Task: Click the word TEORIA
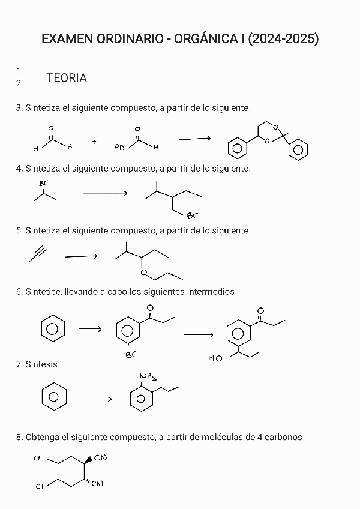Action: coord(67,78)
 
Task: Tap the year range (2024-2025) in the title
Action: coord(283,40)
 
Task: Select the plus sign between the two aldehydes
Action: coord(94,142)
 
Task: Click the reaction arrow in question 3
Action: coord(195,139)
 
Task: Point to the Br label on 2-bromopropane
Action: coord(43,183)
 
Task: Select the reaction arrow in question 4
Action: coord(106,193)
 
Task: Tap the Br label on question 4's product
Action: coord(192,216)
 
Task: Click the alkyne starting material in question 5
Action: coord(38,254)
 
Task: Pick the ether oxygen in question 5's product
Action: coord(143,273)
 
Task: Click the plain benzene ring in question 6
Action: coord(53,329)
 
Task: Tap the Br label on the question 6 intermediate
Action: coord(130,355)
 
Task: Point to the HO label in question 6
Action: coord(215,358)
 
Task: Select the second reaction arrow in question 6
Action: coord(199,334)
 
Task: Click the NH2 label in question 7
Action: coord(148,377)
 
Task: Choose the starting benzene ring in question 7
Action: coord(53,397)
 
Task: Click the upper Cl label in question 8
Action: coord(37,459)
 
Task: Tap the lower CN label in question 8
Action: coord(97,484)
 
